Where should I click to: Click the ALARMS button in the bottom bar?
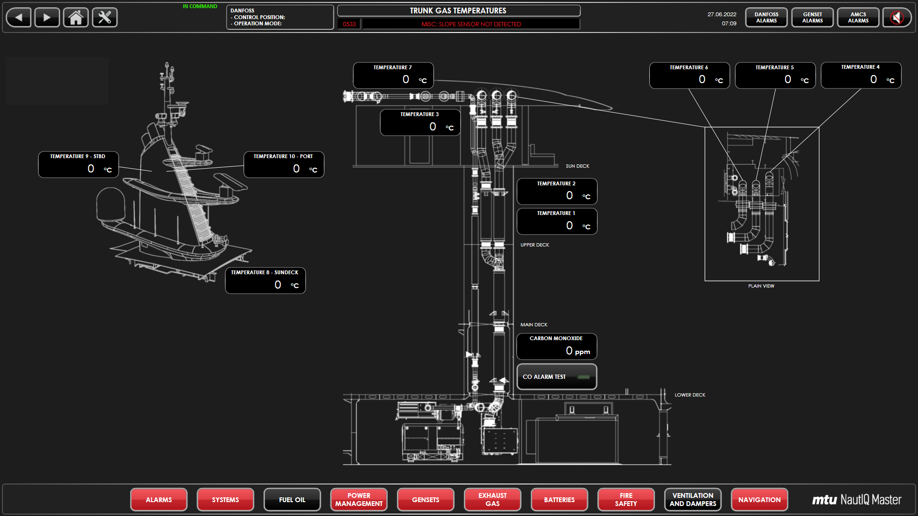click(159, 500)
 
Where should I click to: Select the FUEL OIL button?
click(292, 500)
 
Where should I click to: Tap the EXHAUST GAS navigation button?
click(492, 500)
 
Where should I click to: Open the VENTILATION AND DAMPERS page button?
click(693, 500)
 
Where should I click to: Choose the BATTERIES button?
click(559, 500)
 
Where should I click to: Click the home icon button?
click(76, 18)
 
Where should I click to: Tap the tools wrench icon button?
click(105, 18)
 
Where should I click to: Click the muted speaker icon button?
click(897, 18)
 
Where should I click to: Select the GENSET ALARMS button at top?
click(812, 18)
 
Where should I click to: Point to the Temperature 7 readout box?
click(393, 75)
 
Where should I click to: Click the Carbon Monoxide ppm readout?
click(557, 346)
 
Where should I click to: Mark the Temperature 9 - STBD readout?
click(78, 165)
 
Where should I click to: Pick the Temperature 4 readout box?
click(861, 75)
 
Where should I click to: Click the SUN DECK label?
click(578, 166)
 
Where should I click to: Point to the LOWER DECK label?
click(690, 395)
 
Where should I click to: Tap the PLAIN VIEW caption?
click(761, 286)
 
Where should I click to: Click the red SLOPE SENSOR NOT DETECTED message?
click(471, 24)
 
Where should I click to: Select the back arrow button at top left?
click(19, 18)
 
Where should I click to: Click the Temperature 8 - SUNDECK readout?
click(265, 280)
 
